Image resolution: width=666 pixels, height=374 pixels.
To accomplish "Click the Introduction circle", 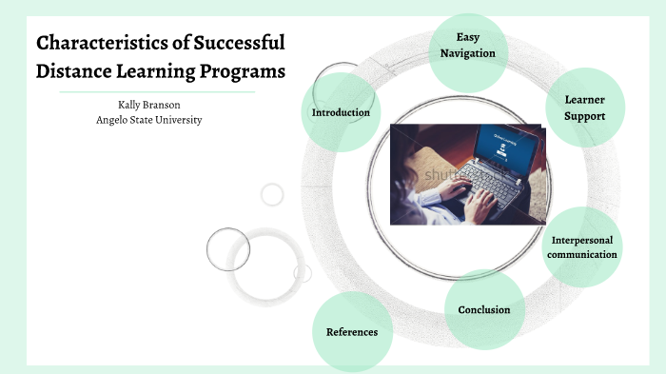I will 341,112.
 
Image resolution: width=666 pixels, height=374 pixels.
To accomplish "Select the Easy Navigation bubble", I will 468,46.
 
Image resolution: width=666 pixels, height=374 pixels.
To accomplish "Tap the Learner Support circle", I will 584,107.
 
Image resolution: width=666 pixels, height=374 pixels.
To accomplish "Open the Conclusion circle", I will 484,309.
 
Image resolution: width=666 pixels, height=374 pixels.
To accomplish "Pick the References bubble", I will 352,332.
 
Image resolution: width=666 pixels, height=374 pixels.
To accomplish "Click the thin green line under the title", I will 157,92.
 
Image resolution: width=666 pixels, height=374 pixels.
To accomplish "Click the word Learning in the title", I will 160,71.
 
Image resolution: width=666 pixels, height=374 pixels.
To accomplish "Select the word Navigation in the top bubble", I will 468,53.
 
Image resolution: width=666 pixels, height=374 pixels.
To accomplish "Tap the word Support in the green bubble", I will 584,115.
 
